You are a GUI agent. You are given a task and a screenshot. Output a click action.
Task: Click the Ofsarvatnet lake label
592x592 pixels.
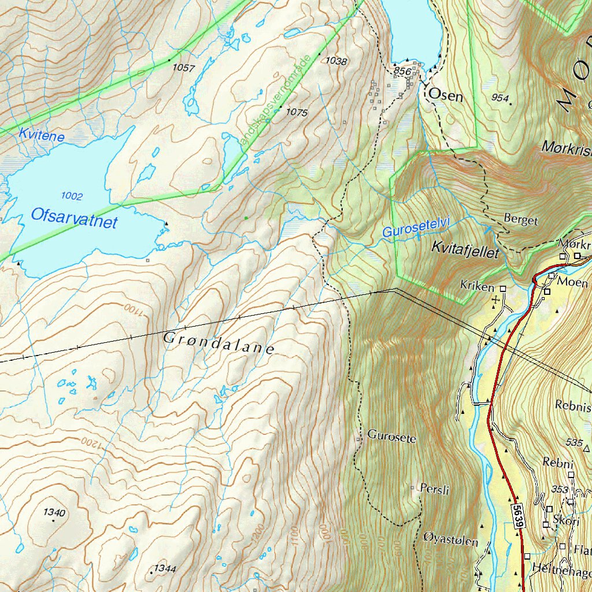(75, 219)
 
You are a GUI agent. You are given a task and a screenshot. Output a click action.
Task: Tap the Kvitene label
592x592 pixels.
(41, 135)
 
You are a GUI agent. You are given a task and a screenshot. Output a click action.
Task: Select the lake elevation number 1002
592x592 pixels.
(71, 197)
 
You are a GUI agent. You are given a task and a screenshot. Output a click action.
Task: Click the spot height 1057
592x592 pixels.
(184, 68)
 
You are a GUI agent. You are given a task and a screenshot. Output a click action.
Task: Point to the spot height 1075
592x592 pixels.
(297, 112)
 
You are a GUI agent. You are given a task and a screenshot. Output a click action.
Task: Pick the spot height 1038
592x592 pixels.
(336, 61)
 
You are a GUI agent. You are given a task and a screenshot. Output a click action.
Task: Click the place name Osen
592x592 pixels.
(445, 95)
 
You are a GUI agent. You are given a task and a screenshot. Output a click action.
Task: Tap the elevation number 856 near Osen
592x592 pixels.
(402, 71)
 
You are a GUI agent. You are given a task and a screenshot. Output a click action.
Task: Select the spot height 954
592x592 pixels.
(499, 97)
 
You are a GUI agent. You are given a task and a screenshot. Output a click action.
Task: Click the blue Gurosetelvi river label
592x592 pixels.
(416, 229)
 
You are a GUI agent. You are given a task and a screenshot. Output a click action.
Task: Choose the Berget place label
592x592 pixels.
(520, 220)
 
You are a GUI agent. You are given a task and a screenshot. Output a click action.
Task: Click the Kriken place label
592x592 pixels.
(477, 287)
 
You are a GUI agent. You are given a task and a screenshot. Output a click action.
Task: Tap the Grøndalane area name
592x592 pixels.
(219, 343)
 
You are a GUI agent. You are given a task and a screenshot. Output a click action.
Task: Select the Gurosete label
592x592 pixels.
(391, 438)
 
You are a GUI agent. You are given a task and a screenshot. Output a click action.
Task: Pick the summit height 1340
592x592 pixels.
(54, 512)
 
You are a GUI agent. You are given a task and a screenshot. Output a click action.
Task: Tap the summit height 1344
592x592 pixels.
(165, 569)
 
